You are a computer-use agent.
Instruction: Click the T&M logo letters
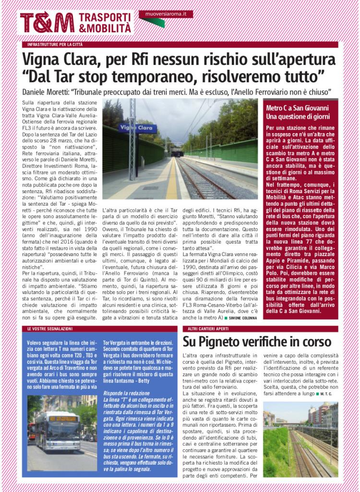tap(47, 23)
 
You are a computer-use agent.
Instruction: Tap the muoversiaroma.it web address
tap(165, 15)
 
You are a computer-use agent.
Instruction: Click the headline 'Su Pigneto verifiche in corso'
tap(257, 342)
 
